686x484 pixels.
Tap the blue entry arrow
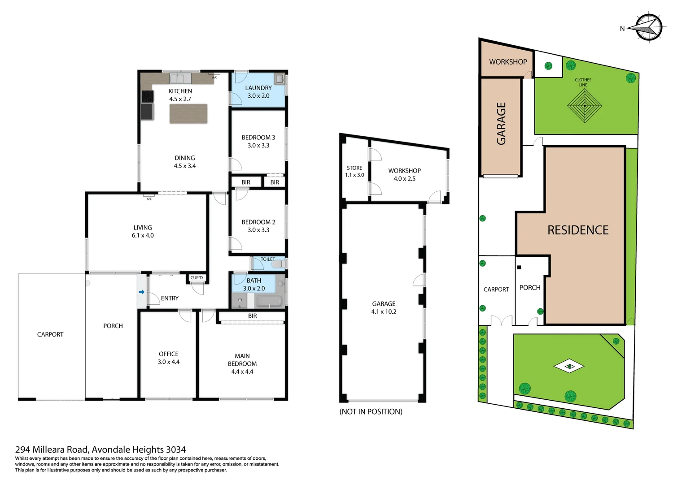142,292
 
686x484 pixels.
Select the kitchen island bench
188,114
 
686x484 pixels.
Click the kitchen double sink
177,78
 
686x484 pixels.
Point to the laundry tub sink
280,79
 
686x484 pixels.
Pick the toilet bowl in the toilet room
278,264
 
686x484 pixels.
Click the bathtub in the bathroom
269,301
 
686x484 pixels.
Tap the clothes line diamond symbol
584,106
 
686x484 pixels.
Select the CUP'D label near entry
197,278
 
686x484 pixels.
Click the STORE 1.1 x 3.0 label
354,172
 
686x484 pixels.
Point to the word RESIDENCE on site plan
578,230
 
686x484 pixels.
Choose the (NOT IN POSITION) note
371,411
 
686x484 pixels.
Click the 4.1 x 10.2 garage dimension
384,312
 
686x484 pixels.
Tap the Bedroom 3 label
258,138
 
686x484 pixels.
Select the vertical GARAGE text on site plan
501,124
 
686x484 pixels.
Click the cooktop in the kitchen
147,96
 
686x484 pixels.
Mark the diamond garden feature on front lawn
569,366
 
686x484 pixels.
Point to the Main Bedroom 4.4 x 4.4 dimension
242,372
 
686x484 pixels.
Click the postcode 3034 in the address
176,449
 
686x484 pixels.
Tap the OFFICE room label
169,354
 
